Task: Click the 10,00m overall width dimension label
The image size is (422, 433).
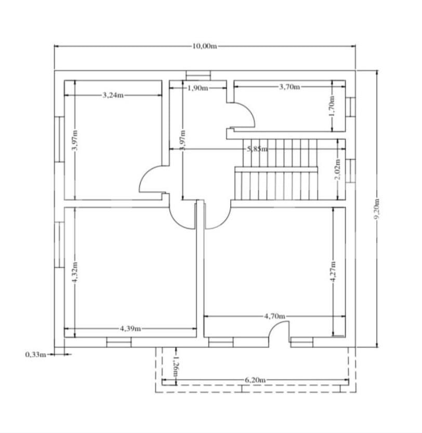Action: pos(204,46)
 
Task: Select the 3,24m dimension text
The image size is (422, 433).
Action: pos(113,95)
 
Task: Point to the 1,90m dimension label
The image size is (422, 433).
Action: pos(197,88)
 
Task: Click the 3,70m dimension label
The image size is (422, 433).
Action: pos(289,87)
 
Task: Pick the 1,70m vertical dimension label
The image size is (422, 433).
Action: pos(333,105)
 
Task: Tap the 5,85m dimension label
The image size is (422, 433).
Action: pos(257,149)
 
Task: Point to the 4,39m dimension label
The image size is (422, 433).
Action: pos(130,329)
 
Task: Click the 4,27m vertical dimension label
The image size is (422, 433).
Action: pos(333,271)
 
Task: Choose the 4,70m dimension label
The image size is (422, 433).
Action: pos(274,316)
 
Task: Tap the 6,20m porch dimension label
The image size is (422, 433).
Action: pos(255,380)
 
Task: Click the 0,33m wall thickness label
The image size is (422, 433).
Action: pos(35,355)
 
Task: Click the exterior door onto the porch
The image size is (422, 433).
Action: pos(280,332)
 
